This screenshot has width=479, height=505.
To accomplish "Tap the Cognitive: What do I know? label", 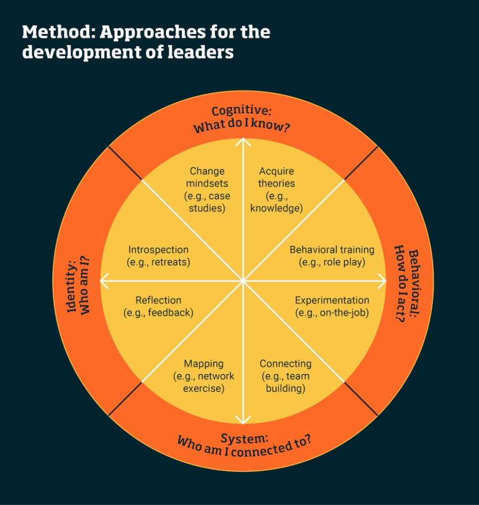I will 242,119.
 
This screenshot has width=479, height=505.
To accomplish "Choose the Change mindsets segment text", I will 207,190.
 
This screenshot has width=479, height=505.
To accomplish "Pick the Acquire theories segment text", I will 276,190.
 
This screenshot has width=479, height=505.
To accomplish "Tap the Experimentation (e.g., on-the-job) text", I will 332,306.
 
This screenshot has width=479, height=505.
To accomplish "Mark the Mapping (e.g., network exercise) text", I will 204,376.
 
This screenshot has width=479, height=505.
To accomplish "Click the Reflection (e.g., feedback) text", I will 158,306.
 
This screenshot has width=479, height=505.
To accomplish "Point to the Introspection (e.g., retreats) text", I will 158,255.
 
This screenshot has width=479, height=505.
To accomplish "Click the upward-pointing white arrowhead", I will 242,142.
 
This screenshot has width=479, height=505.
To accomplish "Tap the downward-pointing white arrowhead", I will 242,420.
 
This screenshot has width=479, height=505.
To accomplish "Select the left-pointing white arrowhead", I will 104,281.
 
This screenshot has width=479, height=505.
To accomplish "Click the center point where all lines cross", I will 242,281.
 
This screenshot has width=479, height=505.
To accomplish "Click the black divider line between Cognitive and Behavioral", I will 361,163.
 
